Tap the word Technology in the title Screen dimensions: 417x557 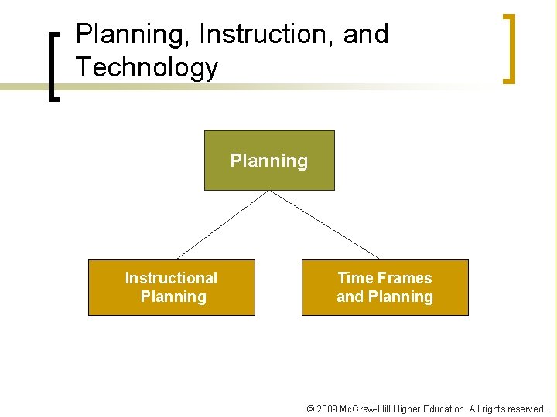(147, 68)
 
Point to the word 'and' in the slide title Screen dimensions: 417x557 (367, 35)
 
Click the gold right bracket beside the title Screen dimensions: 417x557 (508, 48)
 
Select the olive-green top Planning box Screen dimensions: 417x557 (269, 160)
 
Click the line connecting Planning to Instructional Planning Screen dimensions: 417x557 (222, 225)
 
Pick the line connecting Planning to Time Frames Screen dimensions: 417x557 (325, 225)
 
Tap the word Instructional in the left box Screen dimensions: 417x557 (171, 278)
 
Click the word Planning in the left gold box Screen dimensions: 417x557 (173, 297)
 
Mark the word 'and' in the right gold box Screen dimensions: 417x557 (350, 297)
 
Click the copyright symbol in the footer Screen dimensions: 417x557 (310, 409)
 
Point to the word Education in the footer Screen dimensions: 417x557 (446, 409)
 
